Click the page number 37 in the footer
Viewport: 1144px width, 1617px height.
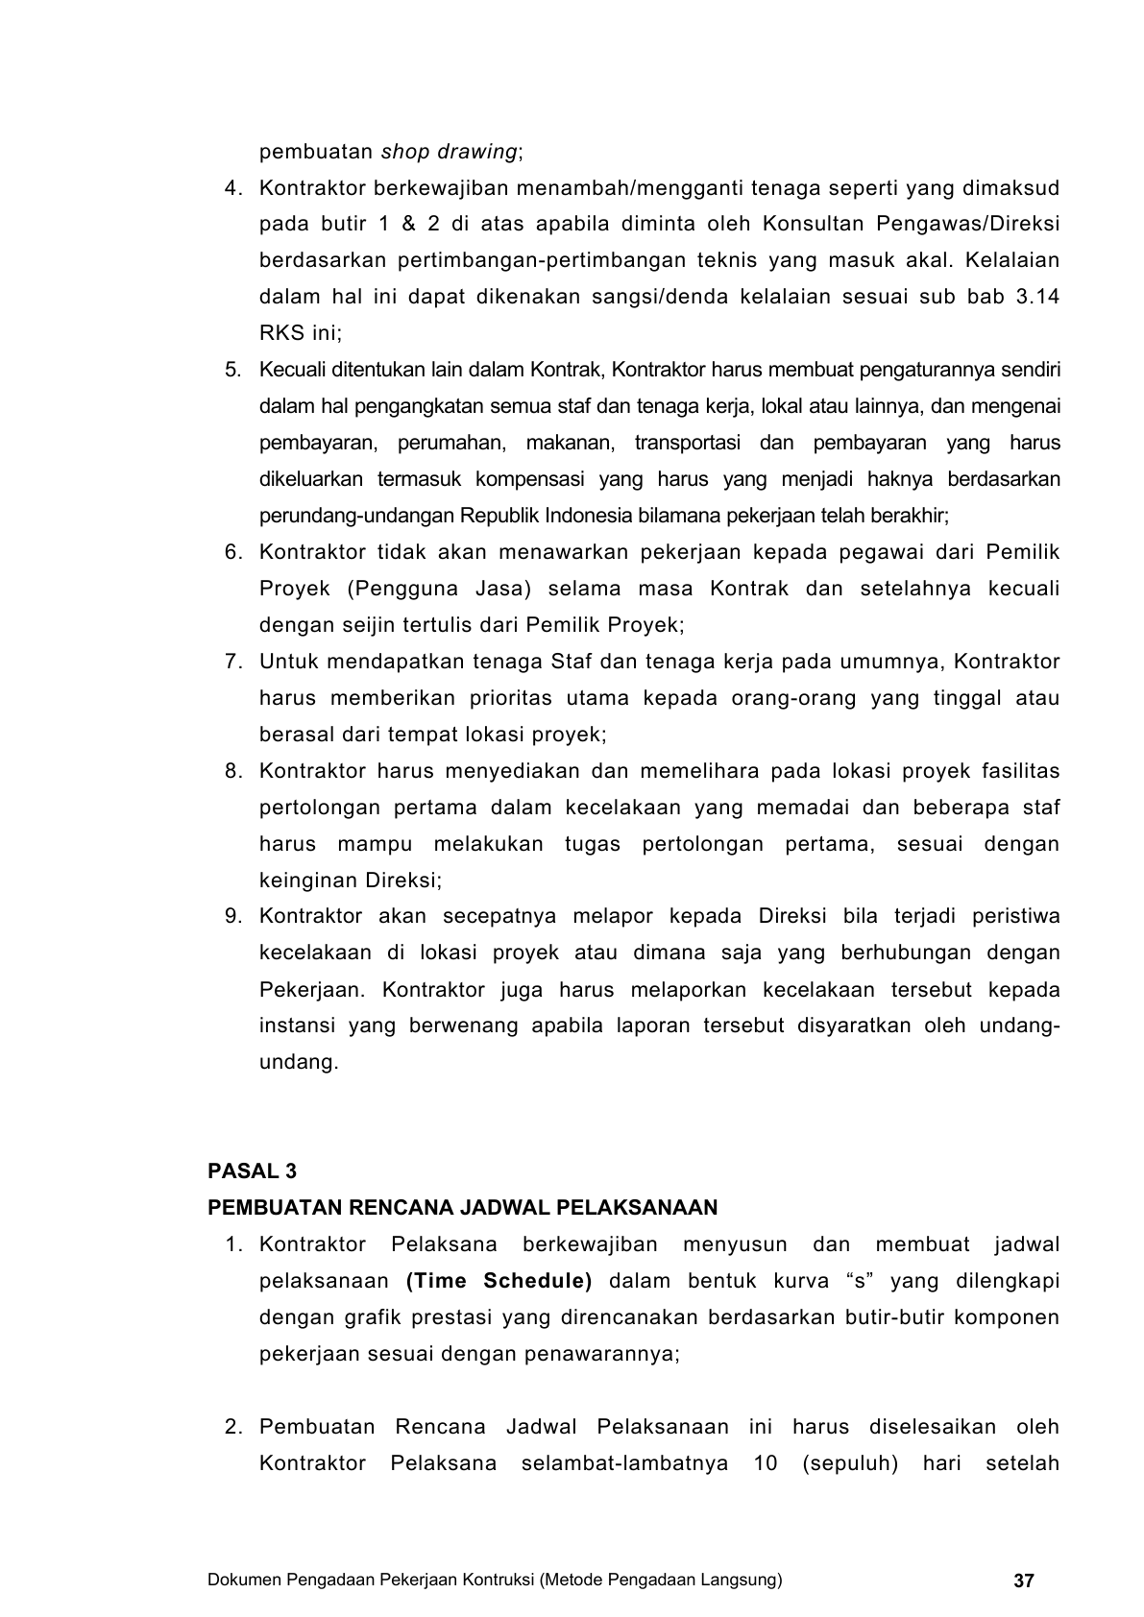coord(1023,1581)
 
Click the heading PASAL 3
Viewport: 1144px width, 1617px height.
coord(253,1171)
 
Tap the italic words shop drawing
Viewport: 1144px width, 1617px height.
coord(450,152)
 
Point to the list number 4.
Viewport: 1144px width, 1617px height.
coord(232,188)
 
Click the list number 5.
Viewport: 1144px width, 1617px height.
coord(232,370)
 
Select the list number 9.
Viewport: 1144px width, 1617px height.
coord(232,916)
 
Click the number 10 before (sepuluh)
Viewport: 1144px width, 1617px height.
coord(754,1463)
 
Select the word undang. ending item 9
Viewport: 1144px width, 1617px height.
coord(299,1062)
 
